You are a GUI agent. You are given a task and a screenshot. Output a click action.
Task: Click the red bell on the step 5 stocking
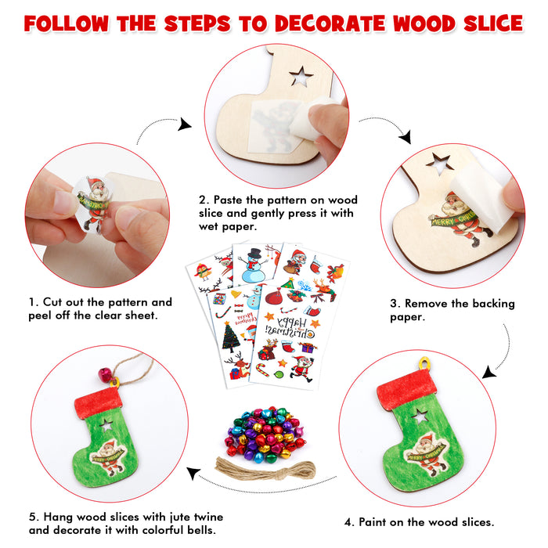click(x=104, y=376)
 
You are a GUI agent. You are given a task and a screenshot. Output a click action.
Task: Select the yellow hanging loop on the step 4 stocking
click(x=424, y=364)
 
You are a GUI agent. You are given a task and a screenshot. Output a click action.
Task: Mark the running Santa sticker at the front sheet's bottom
click(x=300, y=366)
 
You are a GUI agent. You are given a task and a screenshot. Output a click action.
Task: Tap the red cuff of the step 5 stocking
click(x=99, y=402)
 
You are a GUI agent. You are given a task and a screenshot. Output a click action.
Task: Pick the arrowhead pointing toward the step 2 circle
click(x=186, y=124)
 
